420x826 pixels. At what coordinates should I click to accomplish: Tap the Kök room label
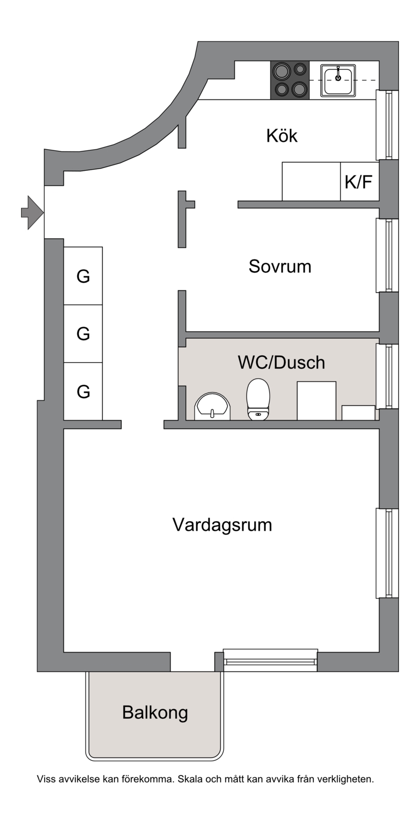click(282, 136)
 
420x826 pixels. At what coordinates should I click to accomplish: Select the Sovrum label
click(280, 266)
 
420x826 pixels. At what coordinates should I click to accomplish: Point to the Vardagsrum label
click(222, 525)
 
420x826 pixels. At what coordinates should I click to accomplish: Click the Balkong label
click(155, 713)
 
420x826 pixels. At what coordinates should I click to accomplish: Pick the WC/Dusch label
click(281, 363)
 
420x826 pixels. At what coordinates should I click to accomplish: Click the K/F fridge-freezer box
click(360, 181)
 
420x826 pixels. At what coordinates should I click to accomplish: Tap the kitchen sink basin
click(338, 80)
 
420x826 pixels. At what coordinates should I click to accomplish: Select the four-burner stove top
click(290, 80)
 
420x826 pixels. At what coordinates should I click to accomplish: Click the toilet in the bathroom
click(258, 399)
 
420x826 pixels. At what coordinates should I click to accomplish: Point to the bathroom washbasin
click(212, 406)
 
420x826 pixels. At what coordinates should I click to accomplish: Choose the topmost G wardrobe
click(83, 276)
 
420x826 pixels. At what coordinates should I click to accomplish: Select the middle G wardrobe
click(83, 334)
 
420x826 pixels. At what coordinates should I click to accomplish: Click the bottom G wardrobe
click(83, 391)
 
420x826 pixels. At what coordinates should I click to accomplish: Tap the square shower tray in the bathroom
click(317, 401)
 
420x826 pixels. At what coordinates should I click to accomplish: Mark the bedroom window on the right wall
click(387, 255)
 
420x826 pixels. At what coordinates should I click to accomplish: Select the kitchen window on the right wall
click(387, 125)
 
